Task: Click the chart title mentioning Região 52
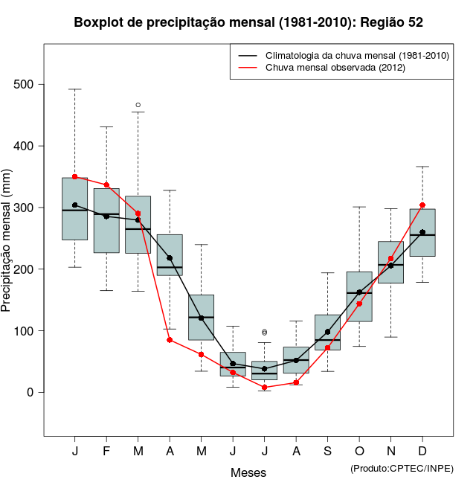pos(248,22)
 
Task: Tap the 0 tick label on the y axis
pos(31,392)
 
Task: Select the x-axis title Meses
pos(248,472)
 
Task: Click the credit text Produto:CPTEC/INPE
pos(402,468)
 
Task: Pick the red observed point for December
pos(422,205)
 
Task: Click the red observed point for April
pos(170,340)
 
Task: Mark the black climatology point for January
pos(74,205)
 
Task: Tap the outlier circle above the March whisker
pos(138,105)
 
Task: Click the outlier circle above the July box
pos(265,332)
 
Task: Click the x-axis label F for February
pos(106,452)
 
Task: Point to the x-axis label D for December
pos(422,452)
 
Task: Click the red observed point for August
pos(296,382)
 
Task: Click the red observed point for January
pos(74,176)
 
